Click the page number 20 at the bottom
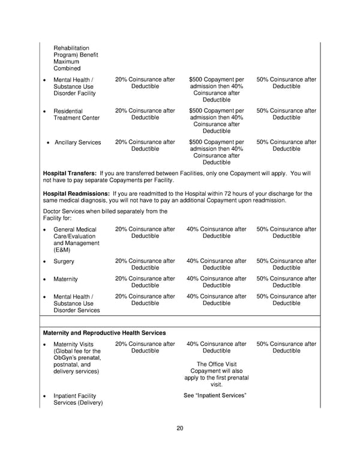pyautogui.click(x=180, y=428)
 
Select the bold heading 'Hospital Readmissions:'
pyautogui.click(x=76, y=193)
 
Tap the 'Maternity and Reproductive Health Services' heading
pyautogui.click(x=104, y=332)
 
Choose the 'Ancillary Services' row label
pyautogui.click(x=77, y=142)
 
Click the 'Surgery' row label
pyautogui.click(x=65, y=261)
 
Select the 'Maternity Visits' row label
pyautogui.click(x=73, y=344)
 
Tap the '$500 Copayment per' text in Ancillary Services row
pyautogui.click(x=216, y=142)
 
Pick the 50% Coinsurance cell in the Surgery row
pyautogui.click(x=286, y=265)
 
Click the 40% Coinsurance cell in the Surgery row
pyautogui.click(x=216, y=265)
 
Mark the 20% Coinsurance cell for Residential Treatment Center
pyautogui.click(x=145, y=114)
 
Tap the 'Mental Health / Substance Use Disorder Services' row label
pyautogui.click(x=77, y=303)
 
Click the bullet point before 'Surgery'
pyautogui.click(x=45, y=262)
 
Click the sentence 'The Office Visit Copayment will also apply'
pyautogui.click(x=216, y=371)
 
